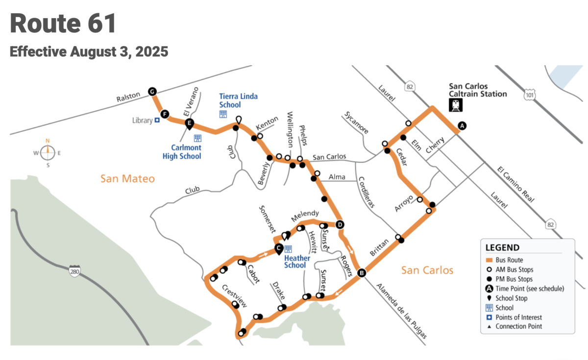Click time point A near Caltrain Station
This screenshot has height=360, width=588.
(x=461, y=126)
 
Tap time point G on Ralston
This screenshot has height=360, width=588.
(x=152, y=91)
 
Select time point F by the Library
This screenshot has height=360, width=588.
(x=165, y=114)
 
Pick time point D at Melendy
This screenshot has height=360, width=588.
(x=340, y=225)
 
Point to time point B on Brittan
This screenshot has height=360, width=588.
(x=362, y=273)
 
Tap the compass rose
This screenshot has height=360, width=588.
(x=48, y=153)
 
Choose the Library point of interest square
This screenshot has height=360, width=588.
(x=157, y=120)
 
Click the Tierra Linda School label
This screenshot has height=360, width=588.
(x=238, y=100)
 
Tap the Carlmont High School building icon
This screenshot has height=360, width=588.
(x=197, y=138)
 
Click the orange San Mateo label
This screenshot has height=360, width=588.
(x=127, y=179)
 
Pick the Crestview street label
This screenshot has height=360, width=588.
(x=234, y=292)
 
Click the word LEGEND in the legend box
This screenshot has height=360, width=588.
(x=502, y=248)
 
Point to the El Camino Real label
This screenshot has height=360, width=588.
(x=516, y=185)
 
